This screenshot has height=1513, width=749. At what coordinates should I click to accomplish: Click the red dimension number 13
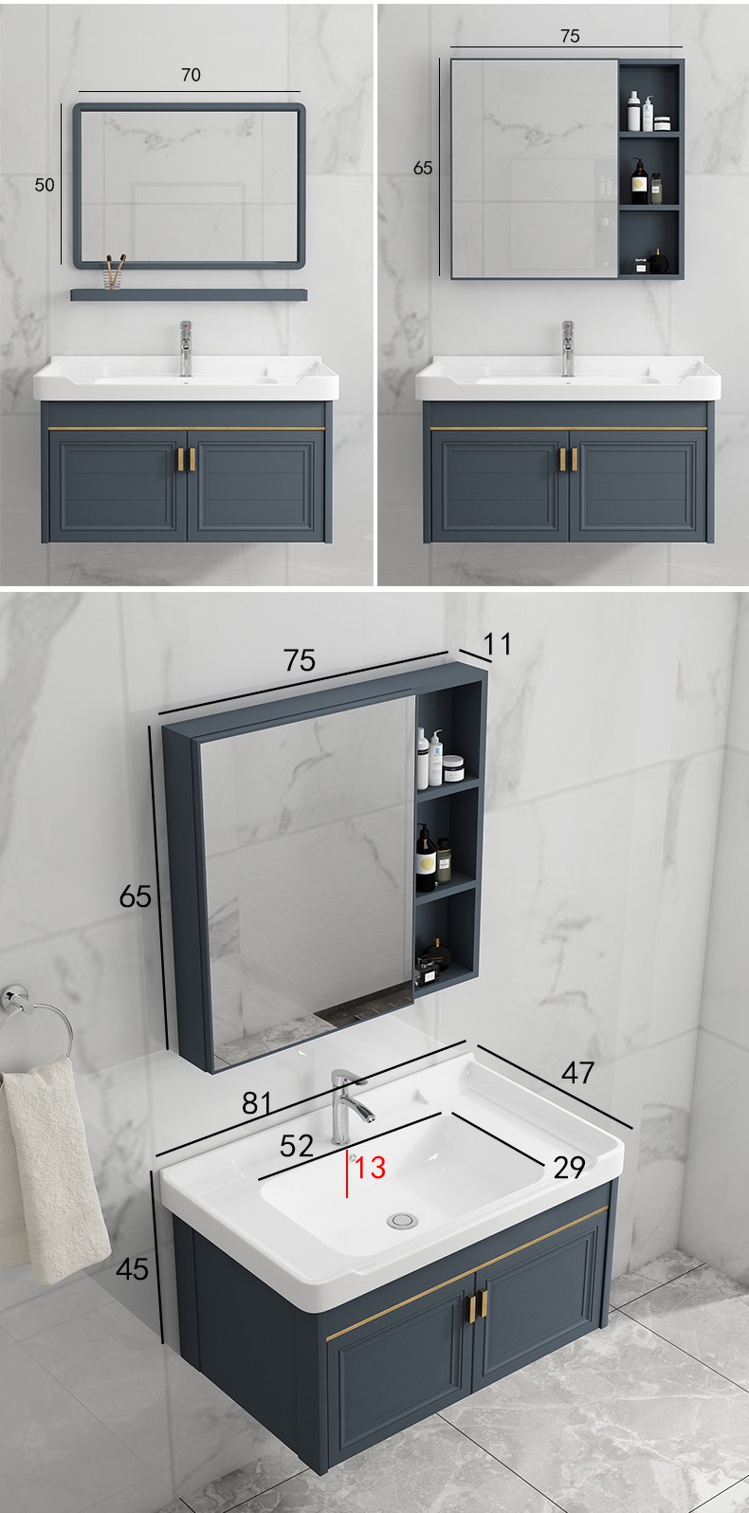pyautogui.click(x=370, y=1167)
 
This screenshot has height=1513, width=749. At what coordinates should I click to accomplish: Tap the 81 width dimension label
pyautogui.click(x=257, y=1103)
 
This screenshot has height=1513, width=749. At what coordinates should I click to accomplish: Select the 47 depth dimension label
pyautogui.click(x=577, y=1073)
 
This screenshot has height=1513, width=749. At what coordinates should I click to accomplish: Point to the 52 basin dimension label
pyautogui.click(x=297, y=1146)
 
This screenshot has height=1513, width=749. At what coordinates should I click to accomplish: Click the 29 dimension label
pyautogui.click(x=569, y=1168)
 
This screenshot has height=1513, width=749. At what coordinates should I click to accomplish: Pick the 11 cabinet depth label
pyautogui.click(x=497, y=644)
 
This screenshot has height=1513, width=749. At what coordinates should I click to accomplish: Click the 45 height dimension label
pyautogui.click(x=132, y=1269)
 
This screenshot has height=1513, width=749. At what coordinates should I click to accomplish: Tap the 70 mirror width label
pyautogui.click(x=192, y=75)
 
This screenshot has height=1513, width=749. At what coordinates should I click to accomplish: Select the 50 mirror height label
pyautogui.click(x=45, y=185)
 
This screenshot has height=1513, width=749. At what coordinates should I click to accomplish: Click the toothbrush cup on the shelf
pyautogui.click(x=115, y=273)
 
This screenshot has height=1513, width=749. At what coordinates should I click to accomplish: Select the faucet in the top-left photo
pyautogui.click(x=186, y=348)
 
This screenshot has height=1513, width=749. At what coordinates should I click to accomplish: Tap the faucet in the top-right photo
pyautogui.click(x=568, y=348)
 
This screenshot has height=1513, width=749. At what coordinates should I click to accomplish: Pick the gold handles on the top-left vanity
pyautogui.click(x=187, y=459)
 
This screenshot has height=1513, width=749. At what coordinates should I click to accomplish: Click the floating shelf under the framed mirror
pyautogui.click(x=189, y=294)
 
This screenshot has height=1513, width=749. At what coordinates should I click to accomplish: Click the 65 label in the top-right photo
pyautogui.click(x=423, y=168)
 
